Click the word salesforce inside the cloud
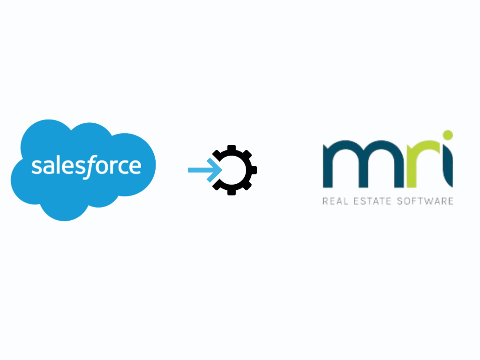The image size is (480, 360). pos(86,166)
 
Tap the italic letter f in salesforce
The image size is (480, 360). pos(90,167)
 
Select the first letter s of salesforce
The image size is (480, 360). pos(37,167)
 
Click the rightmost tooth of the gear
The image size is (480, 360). pos(254,170)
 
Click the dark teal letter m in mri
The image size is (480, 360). pos(363,164)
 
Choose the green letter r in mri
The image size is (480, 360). pos(421,164)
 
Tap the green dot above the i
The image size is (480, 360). pos(448,135)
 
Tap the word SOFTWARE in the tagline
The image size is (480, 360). pos(425,201)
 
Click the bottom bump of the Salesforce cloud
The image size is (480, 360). pos(64,213)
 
